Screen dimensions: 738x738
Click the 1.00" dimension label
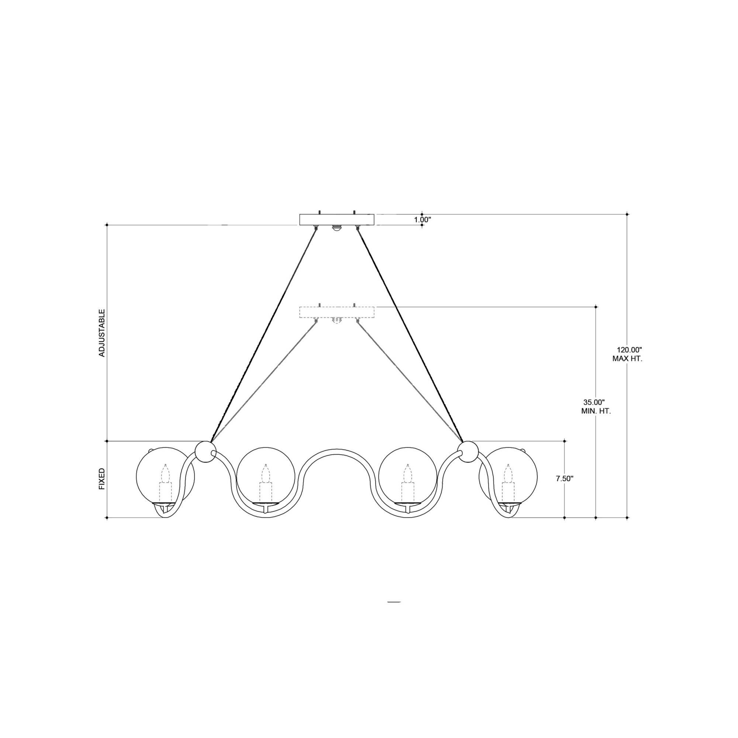[423, 220]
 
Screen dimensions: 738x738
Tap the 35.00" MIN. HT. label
[594, 407]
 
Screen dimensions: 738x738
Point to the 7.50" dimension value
[565, 479]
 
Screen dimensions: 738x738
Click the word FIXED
[101, 479]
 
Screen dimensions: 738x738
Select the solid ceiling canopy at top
[337, 220]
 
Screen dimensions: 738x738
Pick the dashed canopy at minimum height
[337, 313]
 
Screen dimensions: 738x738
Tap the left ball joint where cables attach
[205, 452]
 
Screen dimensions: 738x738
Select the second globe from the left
[266, 476]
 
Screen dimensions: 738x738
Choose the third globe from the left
[407, 476]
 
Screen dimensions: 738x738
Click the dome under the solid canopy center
[336, 228]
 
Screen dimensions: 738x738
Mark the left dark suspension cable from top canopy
[263, 332]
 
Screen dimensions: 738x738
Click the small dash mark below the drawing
[394, 601]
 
